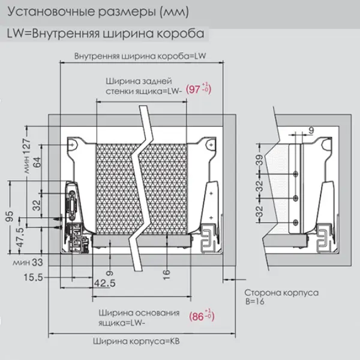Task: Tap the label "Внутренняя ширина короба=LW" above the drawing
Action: [141, 56]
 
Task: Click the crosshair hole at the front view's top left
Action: [71, 145]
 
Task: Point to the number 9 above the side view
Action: [311, 128]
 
